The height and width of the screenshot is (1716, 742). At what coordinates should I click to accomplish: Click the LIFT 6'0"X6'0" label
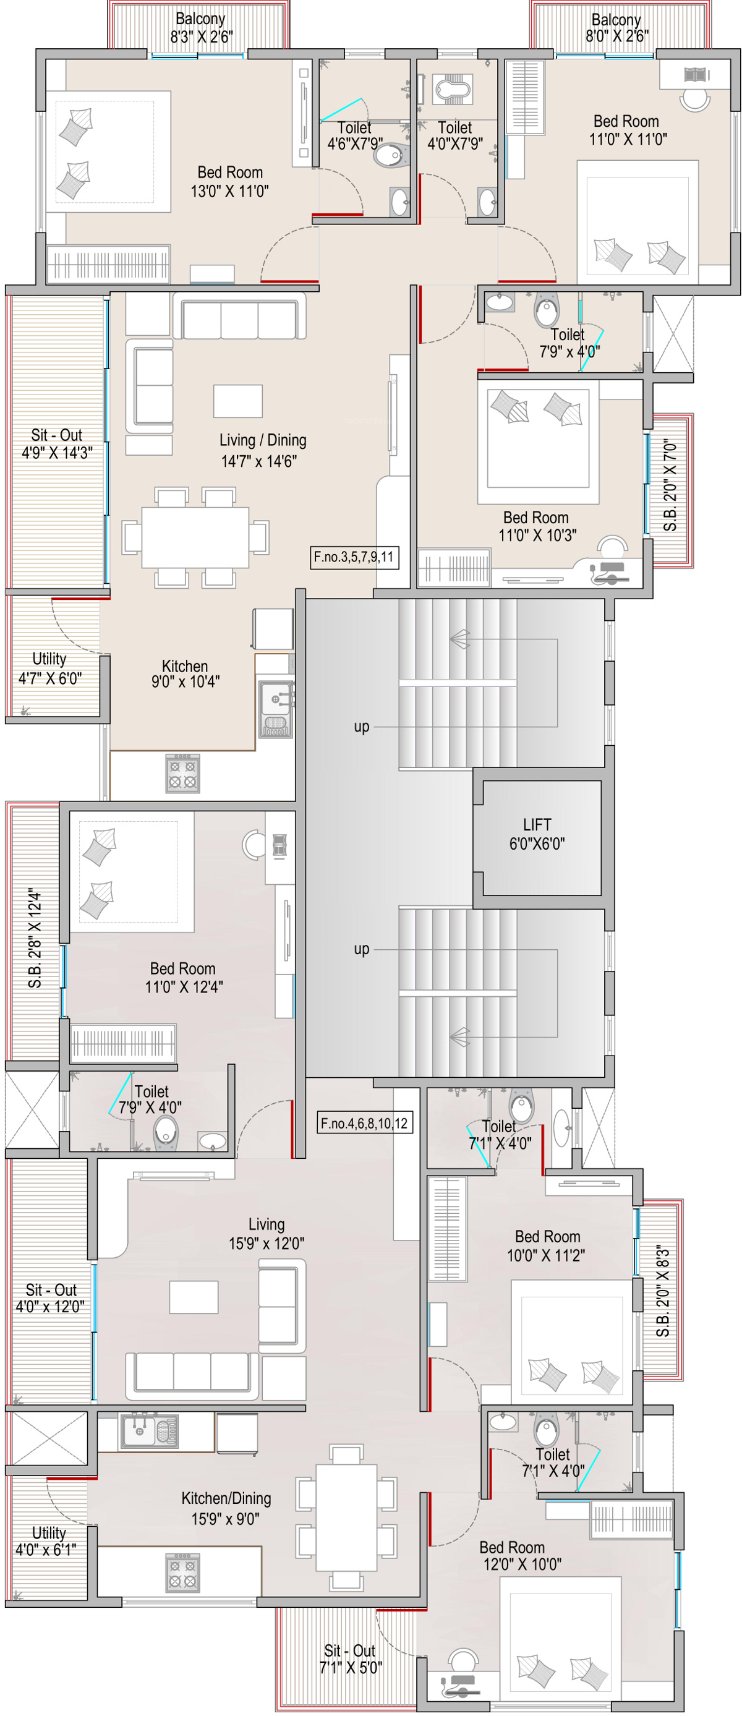click(537, 834)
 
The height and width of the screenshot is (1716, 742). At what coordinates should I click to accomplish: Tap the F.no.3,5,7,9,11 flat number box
click(354, 557)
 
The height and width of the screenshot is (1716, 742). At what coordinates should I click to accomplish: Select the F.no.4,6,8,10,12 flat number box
click(364, 1123)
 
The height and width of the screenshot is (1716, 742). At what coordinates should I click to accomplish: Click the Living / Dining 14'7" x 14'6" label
click(262, 450)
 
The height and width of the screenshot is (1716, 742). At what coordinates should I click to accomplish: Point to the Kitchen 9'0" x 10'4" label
click(185, 673)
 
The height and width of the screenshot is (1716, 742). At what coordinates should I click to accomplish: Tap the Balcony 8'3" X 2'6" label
click(201, 28)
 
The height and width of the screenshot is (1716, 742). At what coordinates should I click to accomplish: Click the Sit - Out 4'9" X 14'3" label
click(57, 443)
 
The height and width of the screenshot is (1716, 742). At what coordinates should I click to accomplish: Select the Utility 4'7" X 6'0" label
click(50, 668)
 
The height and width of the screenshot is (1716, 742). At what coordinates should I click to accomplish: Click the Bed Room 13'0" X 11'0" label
click(230, 182)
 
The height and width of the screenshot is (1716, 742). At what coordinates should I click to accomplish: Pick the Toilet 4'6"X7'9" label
click(354, 135)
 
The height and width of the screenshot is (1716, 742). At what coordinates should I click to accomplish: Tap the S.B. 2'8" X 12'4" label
click(35, 938)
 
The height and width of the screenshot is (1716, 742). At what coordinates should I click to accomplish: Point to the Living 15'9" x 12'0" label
click(267, 1233)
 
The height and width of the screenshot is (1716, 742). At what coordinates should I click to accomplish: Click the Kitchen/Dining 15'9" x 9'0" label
click(226, 1508)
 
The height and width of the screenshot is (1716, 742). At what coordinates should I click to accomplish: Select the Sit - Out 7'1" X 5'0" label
click(351, 1658)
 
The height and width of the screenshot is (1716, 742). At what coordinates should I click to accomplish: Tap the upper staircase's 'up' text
click(362, 727)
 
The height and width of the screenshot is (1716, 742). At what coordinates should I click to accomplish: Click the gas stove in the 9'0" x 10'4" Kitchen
click(182, 774)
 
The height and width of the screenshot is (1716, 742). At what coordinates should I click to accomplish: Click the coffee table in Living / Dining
click(238, 401)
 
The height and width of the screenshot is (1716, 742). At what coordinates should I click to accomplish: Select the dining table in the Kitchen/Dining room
click(346, 1518)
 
